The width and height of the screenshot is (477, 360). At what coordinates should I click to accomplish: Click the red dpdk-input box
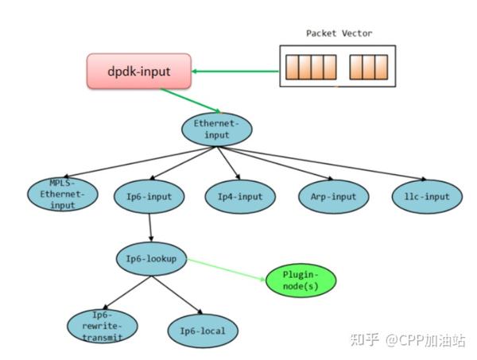tap(140, 71)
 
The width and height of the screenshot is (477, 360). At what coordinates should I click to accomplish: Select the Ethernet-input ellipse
tap(216, 130)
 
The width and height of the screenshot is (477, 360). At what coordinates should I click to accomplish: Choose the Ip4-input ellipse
tap(240, 196)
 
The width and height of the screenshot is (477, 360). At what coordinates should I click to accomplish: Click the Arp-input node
tap(334, 196)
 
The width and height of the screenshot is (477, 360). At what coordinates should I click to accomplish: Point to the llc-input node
tap(426, 196)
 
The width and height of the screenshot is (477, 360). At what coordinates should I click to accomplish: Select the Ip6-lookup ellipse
tap(151, 259)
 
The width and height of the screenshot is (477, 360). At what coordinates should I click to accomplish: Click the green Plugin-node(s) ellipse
tap(300, 281)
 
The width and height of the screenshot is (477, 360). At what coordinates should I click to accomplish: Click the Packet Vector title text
tap(339, 33)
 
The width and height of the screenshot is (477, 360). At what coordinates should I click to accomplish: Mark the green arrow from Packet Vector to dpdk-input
tap(235, 72)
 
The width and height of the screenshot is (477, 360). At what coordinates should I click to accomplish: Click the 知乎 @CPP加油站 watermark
tap(407, 341)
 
